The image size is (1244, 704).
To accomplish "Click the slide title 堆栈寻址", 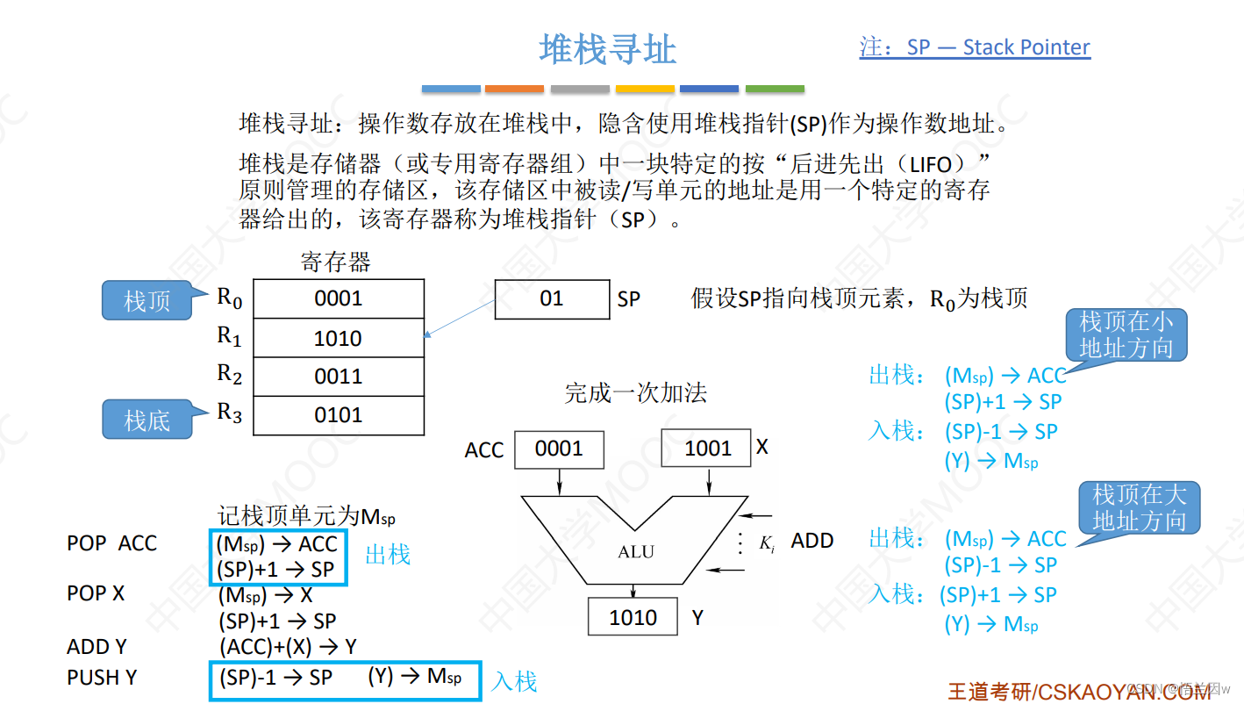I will (x=607, y=49).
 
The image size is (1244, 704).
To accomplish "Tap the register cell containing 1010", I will (x=338, y=338).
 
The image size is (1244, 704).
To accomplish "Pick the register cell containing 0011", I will (x=338, y=377).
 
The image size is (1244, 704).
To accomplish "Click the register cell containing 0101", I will (x=338, y=415).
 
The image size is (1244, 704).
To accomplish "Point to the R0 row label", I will (x=230, y=298).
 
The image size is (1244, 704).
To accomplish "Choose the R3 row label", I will (x=230, y=413).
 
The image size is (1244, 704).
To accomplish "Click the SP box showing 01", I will (x=552, y=298).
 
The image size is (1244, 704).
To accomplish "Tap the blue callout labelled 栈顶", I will (x=147, y=301).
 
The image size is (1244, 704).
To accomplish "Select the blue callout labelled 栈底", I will (x=147, y=420).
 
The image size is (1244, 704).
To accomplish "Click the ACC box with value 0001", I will (x=559, y=449).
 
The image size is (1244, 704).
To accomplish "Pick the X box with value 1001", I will (x=707, y=449).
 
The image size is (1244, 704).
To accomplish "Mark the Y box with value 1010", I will (x=633, y=617).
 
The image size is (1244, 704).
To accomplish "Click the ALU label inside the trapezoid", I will (x=636, y=552).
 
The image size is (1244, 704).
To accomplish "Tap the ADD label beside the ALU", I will (x=811, y=541).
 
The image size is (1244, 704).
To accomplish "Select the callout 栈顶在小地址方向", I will (x=1126, y=335).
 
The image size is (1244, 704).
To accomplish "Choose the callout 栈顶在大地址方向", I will (x=1139, y=507).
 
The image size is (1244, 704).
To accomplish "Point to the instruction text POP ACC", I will (x=111, y=543).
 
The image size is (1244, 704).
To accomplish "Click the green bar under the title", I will (x=775, y=89).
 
